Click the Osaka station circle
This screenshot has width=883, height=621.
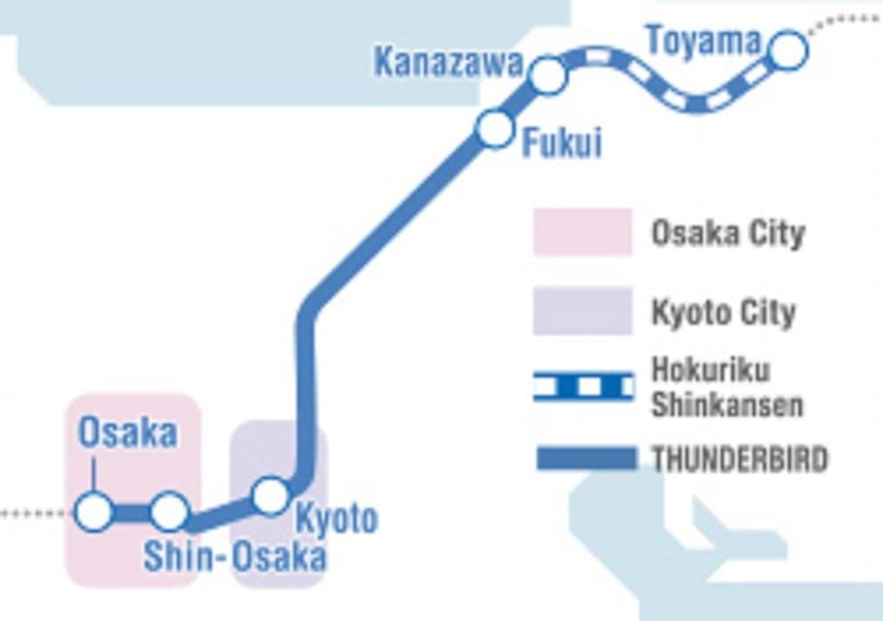coord(94,511)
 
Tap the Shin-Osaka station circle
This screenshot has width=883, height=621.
coord(169,511)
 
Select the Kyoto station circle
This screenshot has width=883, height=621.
coord(269,496)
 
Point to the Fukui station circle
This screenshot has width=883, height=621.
coord(494,128)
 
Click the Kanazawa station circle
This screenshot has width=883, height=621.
coord(548,76)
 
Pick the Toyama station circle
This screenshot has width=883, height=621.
coord(787,50)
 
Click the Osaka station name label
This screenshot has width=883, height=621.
coord(128,434)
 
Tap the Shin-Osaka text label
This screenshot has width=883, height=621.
coord(234,557)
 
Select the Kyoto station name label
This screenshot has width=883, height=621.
coord(336,519)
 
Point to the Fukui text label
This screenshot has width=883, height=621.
coord(562,145)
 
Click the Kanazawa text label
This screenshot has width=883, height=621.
coord(449,64)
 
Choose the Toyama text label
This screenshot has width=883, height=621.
coord(703,41)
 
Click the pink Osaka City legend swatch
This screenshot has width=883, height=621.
coord(582,232)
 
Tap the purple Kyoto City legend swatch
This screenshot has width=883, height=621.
coord(582,311)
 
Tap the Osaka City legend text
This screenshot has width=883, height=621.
coord(728,234)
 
